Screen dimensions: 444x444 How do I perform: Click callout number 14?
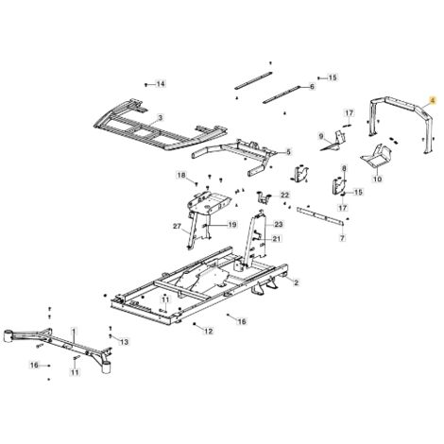[161, 84]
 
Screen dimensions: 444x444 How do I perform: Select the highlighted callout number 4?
[433, 100]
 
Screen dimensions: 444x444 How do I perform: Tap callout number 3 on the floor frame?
[160, 118]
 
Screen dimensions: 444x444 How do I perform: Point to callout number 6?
[312, 86]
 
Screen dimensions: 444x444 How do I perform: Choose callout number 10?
[378, 179]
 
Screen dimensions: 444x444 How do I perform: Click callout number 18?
[181, 175]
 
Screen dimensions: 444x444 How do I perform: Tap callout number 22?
[284, 196]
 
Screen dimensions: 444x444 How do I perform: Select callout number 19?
[232, 225]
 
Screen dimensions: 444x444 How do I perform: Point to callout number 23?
[279, 224]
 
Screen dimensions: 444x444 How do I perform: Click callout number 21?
[276, 239]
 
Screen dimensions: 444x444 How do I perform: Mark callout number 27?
[178, 226]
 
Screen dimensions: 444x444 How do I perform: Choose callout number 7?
[343, 238]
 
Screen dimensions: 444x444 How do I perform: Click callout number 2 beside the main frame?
[296, 282]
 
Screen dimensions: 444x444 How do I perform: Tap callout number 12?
[209, 331]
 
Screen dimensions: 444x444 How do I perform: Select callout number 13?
[125, 342]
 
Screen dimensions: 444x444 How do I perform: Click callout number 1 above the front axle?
[74, 331]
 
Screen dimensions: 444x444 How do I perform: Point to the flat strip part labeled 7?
[320, 215]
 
